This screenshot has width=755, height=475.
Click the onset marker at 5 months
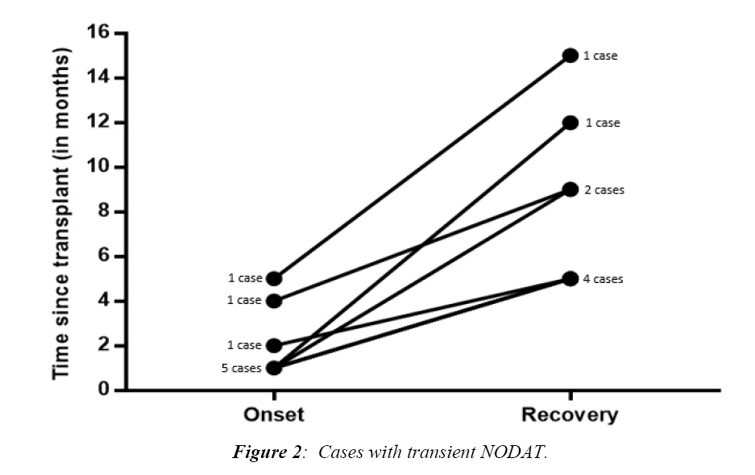(274, 279)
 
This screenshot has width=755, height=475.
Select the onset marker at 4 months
(274, 301)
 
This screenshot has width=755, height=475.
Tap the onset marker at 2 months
(274, 346)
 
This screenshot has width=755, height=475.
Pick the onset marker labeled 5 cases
(274, 368)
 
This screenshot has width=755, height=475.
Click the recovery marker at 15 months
(570, 56)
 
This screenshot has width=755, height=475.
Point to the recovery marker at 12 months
(570, 123)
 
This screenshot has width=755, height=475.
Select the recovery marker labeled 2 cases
(570, 190)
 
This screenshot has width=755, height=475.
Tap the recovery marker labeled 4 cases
(570, 279)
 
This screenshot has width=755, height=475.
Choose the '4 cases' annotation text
(604, 279)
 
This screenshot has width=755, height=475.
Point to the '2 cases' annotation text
(604, 190)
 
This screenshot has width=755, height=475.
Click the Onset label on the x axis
(274, 415)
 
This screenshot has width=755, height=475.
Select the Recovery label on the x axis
(570, 415)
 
